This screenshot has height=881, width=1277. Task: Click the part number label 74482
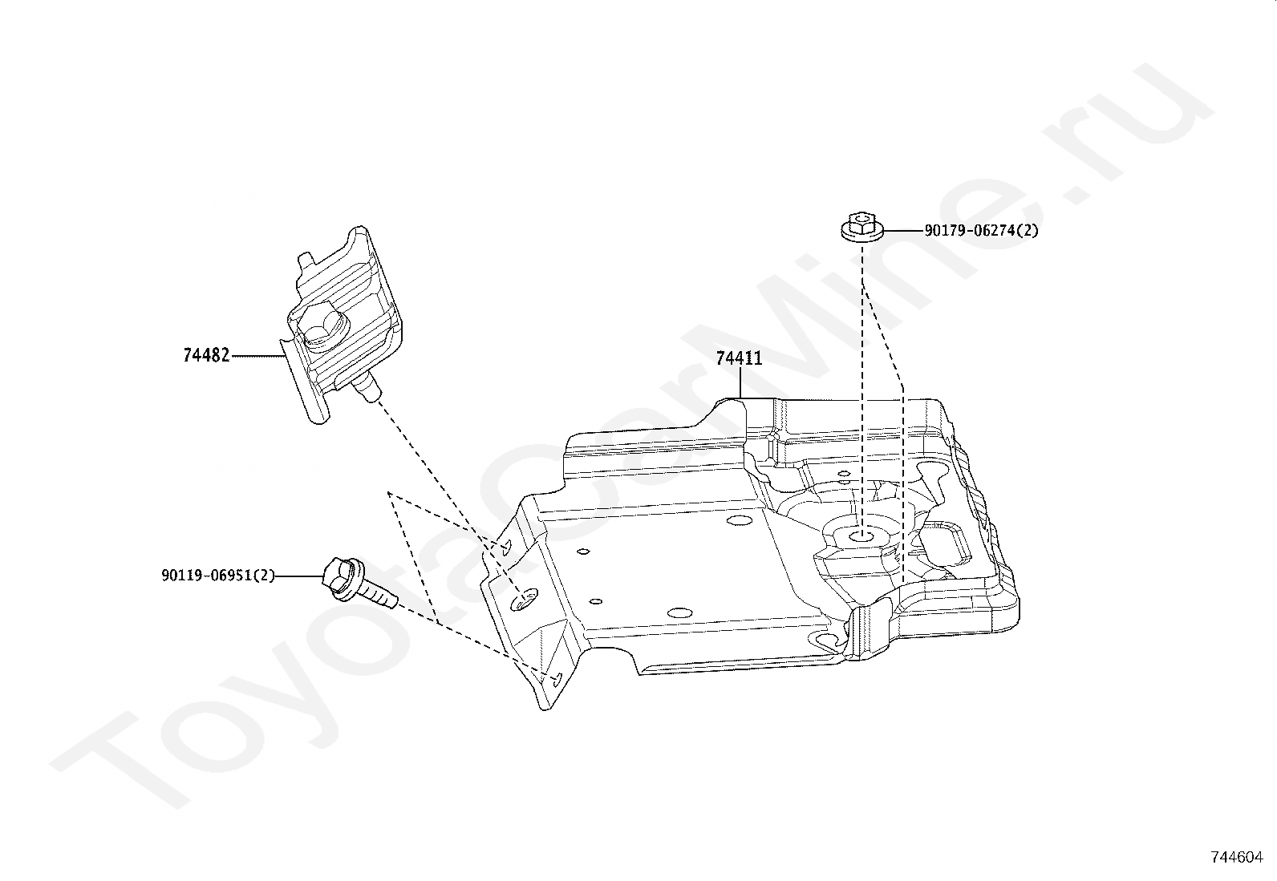click(206, 355)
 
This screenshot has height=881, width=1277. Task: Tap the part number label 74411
click(739, 358)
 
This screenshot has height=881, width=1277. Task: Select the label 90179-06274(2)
click(981, 231)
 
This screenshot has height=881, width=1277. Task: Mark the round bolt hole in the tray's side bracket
click(525, 597)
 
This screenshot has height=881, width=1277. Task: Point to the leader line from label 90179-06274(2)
click(902, 231)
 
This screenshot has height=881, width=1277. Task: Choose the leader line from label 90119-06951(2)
click(299, 576)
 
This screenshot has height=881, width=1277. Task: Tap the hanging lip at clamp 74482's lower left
click(297, 385)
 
